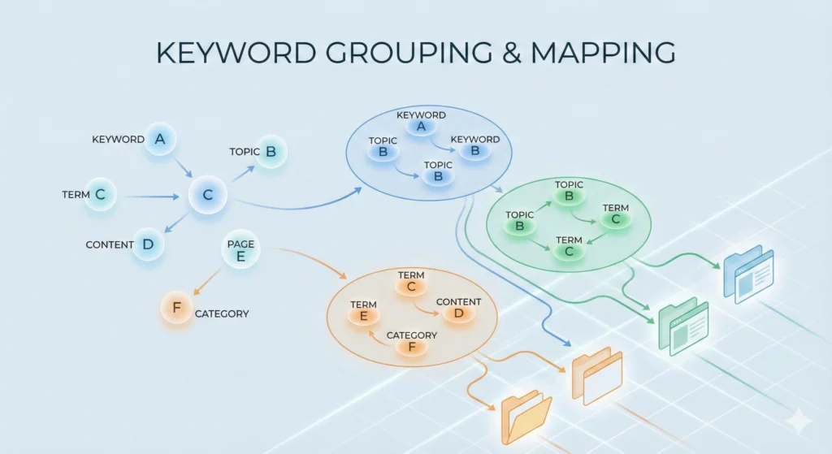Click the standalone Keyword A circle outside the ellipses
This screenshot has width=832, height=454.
click(x=160, y=140)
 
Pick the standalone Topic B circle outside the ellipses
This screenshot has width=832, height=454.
click(x=271, y=151)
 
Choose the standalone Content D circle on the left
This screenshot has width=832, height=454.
click(x=148, y=244)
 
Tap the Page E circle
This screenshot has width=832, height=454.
click(x=240, y=252)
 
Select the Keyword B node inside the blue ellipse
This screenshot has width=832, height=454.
click(x=474, y=150)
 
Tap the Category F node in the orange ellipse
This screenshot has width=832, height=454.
click(x=411, y=346)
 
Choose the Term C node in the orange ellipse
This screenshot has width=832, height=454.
click(x=411, y=286)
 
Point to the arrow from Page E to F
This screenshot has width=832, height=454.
click(x=208, y=280)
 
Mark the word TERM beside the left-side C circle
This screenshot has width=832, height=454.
click(x=76, y=195)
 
